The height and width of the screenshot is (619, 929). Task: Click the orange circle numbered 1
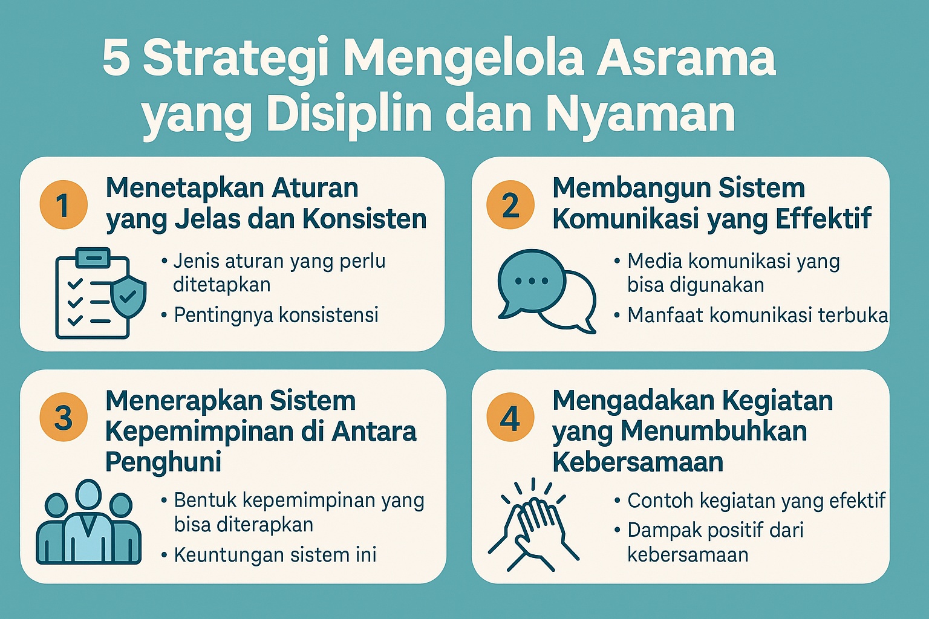coord(64,205)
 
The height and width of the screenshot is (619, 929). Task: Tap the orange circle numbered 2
coord(510,205)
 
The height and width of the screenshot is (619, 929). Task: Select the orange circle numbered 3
coord(64,418)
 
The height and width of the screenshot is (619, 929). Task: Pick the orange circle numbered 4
coord(510,418)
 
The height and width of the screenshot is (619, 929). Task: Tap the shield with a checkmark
coord(128,296)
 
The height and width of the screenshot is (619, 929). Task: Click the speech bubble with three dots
coord(530,282)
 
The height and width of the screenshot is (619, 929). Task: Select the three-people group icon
coord(88,523)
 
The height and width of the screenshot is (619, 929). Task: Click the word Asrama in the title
coord(686,59)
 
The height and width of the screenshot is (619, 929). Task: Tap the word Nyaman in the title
coord(641,114)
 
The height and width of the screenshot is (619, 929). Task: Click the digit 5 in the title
coord(116,59)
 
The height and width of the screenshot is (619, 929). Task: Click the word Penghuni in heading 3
coord(163,462)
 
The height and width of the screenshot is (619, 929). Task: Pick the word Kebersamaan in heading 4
coord(637,462)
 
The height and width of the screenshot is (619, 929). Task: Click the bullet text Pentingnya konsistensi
coord(276,315)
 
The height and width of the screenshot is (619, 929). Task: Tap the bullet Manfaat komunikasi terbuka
coord(757,315)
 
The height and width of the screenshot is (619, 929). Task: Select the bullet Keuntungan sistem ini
coord(275,554)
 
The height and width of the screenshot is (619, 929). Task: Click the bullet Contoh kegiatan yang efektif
coord(756,501)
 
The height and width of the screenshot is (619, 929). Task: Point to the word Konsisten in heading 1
coord(365,219)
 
